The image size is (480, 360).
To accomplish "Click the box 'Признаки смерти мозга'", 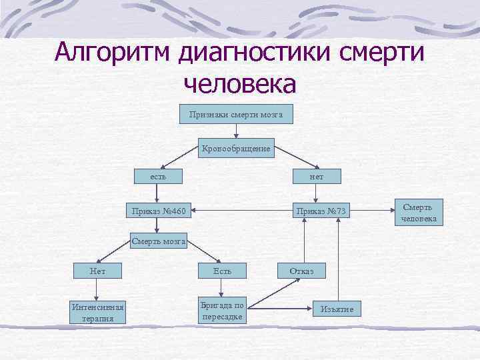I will click(236, 115).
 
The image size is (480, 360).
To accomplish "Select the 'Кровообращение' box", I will click(236, 149).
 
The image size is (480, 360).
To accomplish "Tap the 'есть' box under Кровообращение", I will click(157, 177).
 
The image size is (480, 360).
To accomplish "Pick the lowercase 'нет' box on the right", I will click(317, 177).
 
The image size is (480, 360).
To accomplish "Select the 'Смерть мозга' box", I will click(158, 241).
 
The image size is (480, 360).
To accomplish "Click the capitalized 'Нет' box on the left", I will click(97, 271).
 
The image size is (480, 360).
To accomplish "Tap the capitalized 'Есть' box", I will click(222, 271).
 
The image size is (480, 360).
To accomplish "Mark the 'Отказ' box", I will click(305, 271).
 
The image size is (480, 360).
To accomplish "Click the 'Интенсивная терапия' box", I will click(97, 312).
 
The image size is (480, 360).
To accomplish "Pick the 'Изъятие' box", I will click(337, 309).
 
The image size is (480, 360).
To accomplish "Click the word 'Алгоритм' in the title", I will click(113, 52).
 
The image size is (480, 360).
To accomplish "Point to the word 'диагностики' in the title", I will click(261, 52).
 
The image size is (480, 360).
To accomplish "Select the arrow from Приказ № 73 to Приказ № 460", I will click(240, 212).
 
